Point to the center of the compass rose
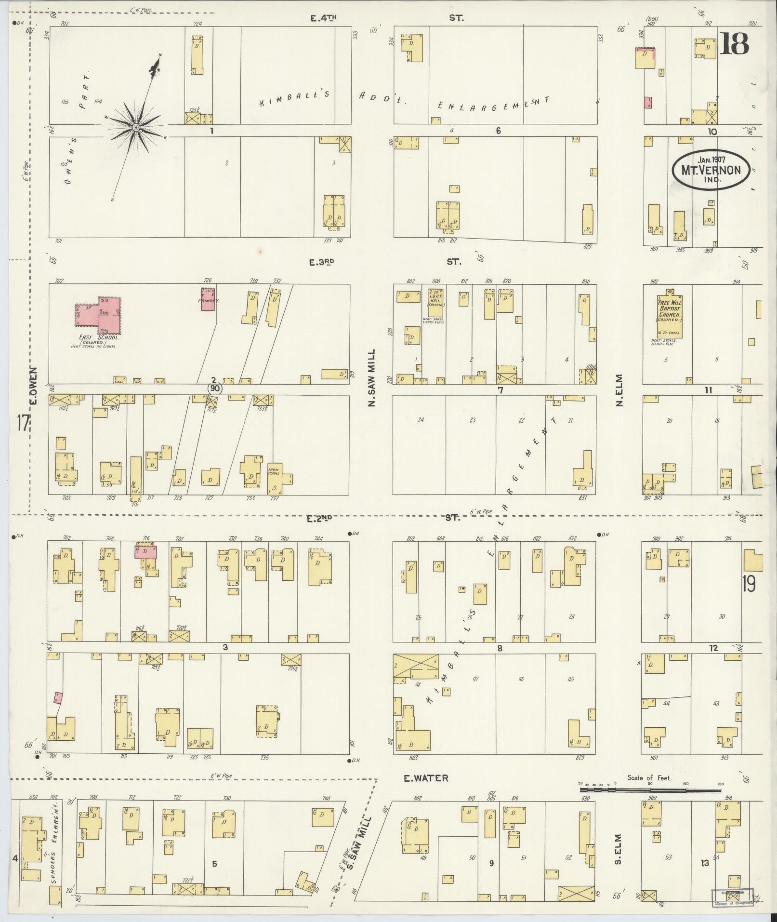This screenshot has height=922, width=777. point(136,127)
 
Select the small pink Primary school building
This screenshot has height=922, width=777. point(208,299)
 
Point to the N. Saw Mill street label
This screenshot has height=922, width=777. point(371,378)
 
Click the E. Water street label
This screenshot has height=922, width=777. point(426,778)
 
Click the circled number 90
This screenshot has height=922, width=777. point(215,388)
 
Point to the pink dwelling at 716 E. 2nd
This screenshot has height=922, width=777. point(146,551)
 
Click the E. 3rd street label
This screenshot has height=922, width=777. point(322,262)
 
